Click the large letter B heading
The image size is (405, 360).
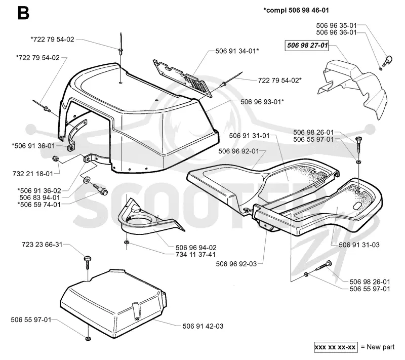click(23, 13)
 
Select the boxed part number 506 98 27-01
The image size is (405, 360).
click(307, 46)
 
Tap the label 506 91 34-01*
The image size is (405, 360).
click(237, 51)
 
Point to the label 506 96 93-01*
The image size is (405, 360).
click(262, 102)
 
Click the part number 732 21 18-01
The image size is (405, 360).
click(33, 174)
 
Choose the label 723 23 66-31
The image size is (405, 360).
click(42, 245)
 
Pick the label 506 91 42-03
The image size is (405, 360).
click(203, 326)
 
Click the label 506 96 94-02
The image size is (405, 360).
click(196, 248)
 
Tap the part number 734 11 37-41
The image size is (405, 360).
click(195, 255)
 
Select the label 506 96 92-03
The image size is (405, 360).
click(236, 264)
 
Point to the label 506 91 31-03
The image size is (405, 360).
click(359, 245)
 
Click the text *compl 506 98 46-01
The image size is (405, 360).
click(296, 10)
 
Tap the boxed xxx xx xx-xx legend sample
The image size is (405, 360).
click(336, 347)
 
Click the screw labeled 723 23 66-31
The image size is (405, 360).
click(88, 262)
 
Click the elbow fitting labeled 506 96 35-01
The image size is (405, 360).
click(388, 60)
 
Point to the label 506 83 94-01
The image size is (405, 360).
click(40, 198)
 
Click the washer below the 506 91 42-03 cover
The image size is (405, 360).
click(88, 339)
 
